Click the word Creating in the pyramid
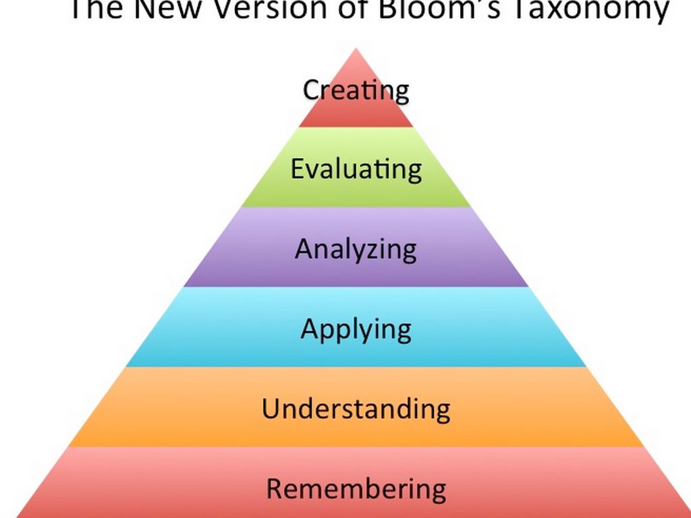(356, 91)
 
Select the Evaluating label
(356, 169)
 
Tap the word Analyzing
(356, 250)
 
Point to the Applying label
(356, 330)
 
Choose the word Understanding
(356, 408)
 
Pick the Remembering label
(356, 488)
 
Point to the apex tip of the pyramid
(356, 49)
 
